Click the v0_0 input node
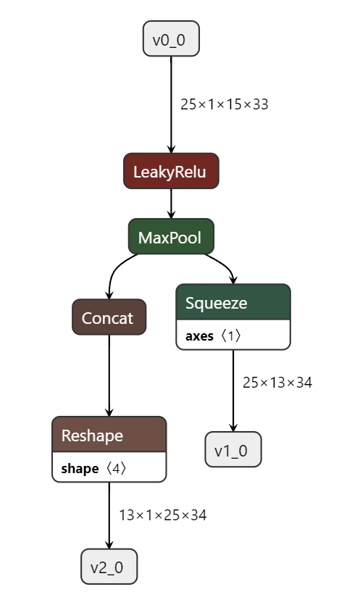click(x=171, y=39)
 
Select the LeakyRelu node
click(x=171, y=171)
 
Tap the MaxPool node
click(x=171, y=236)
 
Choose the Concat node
click(x=109, y=317)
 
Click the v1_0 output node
click(x=233, y=450)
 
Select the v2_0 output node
click(x=109, y=567)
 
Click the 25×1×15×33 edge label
click(x=225, y=104)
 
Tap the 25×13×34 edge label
click(x=277, y=383)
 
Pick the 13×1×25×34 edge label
click(x=163, y=515)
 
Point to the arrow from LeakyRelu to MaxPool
click(x=171, y=204)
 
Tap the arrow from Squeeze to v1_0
click(x=233, y=391)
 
